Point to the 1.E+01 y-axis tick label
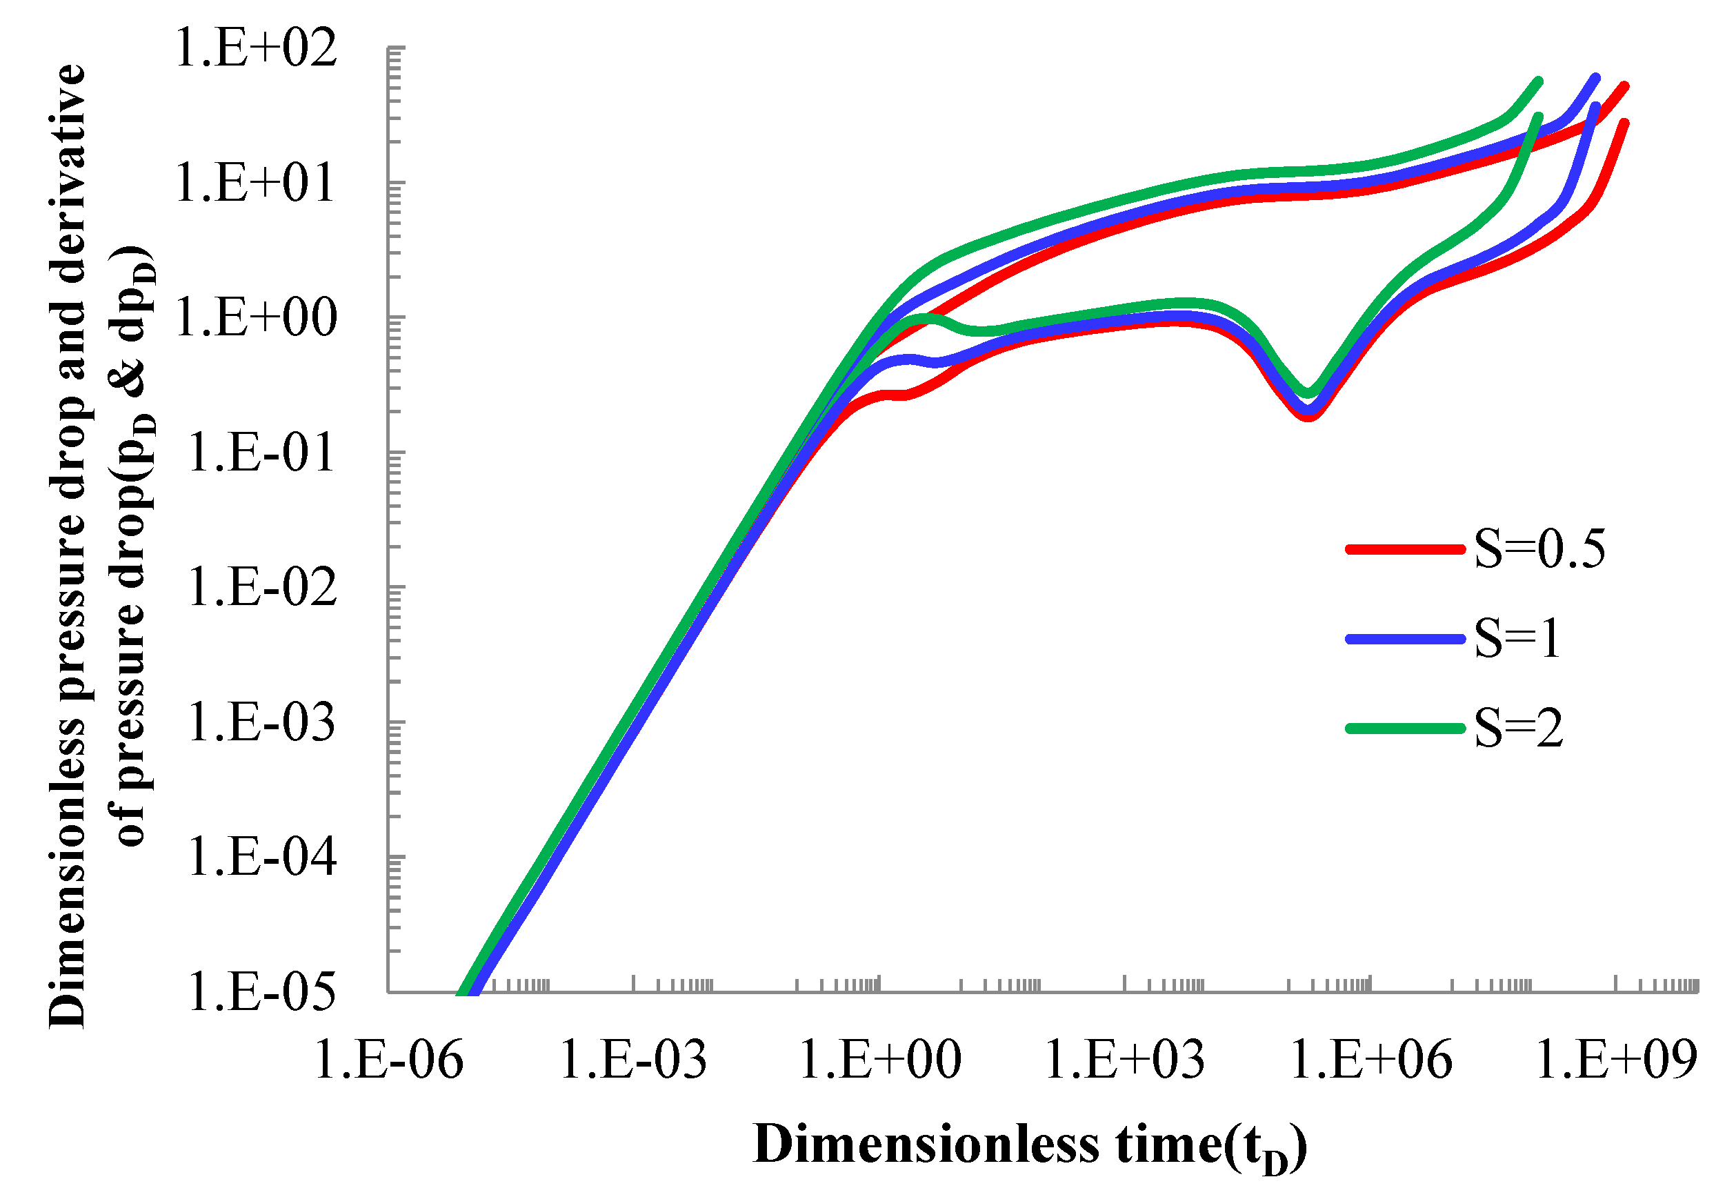click(256, 183)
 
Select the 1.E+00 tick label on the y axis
click(256, 318)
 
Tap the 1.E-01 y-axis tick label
click(260, 453)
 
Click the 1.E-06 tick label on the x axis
click(388, 1060)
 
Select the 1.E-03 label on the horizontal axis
click(633, 1060)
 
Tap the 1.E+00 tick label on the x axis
click(880, 1060)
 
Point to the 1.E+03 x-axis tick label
click(1124, 1060)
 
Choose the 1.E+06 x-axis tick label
click(1371, 1060)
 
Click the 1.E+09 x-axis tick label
click(1616, 1060)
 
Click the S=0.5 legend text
click(1539, 549)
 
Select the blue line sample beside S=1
click(1405, 639)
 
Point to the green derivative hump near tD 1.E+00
click(926, 318)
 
